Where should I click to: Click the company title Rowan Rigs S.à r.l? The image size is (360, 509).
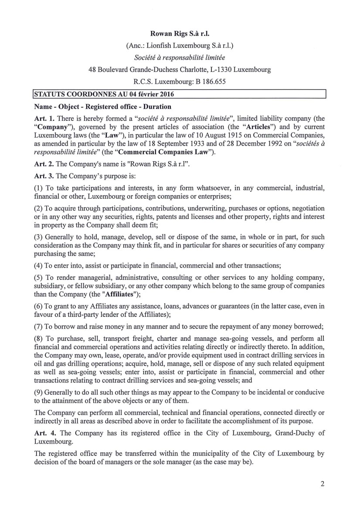pos(180,33)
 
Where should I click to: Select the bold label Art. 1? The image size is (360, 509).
pos(42,119)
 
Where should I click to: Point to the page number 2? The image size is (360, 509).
pos(323,483)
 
